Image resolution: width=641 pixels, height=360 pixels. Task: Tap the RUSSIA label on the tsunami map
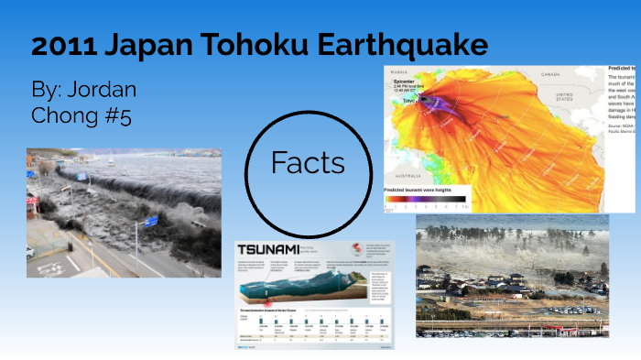tap(399, 71)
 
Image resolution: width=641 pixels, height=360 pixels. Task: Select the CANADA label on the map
tap(549, 73)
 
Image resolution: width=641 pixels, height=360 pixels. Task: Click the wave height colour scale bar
tap(425, 199)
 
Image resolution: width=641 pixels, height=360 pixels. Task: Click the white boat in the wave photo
tap(113, 160)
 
